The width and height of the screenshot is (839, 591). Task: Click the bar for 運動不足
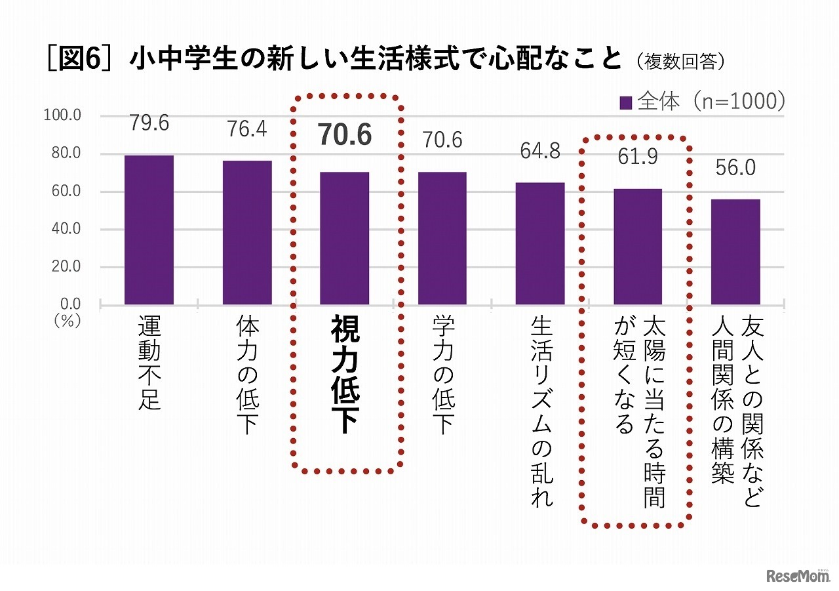click(x=149, y=230)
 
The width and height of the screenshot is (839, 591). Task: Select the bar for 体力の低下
click(x=247, y=233)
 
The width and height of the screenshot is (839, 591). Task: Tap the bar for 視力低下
click(x=345, y=239)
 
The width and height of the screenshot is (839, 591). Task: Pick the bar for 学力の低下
click(x=442, y=239)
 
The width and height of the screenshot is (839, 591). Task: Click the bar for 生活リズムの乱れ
click(x=540, y=244)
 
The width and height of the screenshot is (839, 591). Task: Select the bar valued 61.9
click(x=638, y=247)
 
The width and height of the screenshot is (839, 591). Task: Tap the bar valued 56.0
click(x=735, y=252)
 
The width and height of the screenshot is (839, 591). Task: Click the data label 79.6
click(x=149, y=123)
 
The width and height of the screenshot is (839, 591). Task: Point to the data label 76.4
click(x=247, y=130)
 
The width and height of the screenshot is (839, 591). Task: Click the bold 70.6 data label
click(x=345, y=135)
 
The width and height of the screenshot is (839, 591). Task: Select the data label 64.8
click(x=540, y=152)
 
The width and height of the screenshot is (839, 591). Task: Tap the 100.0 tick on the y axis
click(x=62, y=116)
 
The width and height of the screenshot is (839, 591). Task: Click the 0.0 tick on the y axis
click(x=69, y=304)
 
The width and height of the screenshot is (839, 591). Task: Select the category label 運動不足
click(x=149, y=363)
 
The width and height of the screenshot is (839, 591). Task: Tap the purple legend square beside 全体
click(x=625, y=103)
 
